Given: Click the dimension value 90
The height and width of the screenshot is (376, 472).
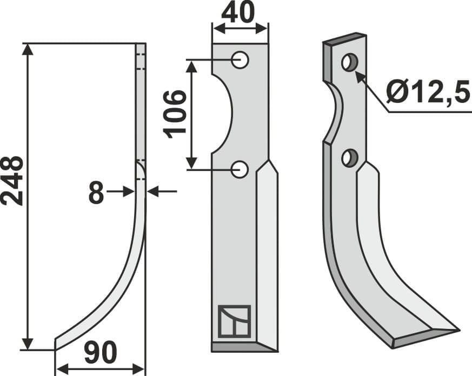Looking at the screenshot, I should [101, 354].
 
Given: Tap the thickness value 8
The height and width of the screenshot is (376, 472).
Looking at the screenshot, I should [96, 192].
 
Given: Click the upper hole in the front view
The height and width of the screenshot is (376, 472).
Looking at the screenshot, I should [240, 60].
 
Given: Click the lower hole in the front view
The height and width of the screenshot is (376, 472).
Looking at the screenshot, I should [240, 170].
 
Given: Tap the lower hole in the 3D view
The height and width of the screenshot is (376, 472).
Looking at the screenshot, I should [349, 158].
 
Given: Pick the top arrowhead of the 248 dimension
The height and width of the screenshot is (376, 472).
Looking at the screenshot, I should [28, 49].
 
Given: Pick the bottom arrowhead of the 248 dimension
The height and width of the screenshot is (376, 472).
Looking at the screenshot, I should [28, 344].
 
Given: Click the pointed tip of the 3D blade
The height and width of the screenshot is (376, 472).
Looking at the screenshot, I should [457, 329].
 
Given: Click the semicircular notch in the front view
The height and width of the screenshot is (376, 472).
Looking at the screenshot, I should [223, 114].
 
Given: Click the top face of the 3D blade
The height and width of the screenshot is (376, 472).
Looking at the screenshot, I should [344, 39].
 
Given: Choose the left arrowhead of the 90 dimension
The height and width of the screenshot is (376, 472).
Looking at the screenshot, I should [61, 370].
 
